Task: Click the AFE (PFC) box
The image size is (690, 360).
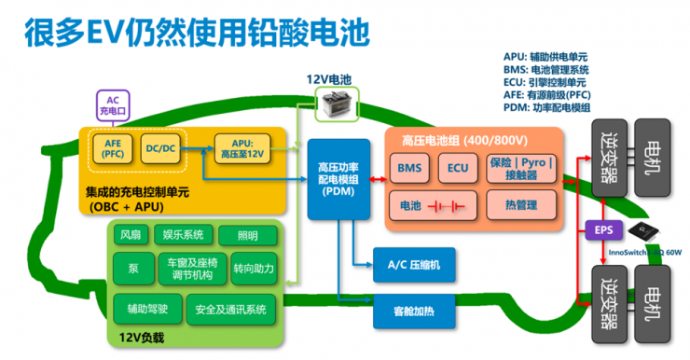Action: click(113, 147)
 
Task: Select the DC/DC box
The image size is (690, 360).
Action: click(161, 147)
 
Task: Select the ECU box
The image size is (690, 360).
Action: click(457, 169)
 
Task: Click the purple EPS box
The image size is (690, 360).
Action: click(602, 228)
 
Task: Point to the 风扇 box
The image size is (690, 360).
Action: click(130, 234)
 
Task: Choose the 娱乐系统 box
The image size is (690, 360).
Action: click(182, 234)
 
